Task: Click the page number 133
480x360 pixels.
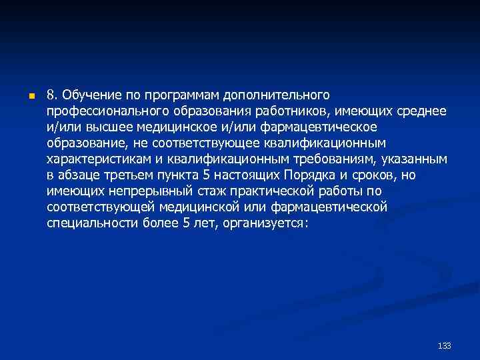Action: point(445,345)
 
